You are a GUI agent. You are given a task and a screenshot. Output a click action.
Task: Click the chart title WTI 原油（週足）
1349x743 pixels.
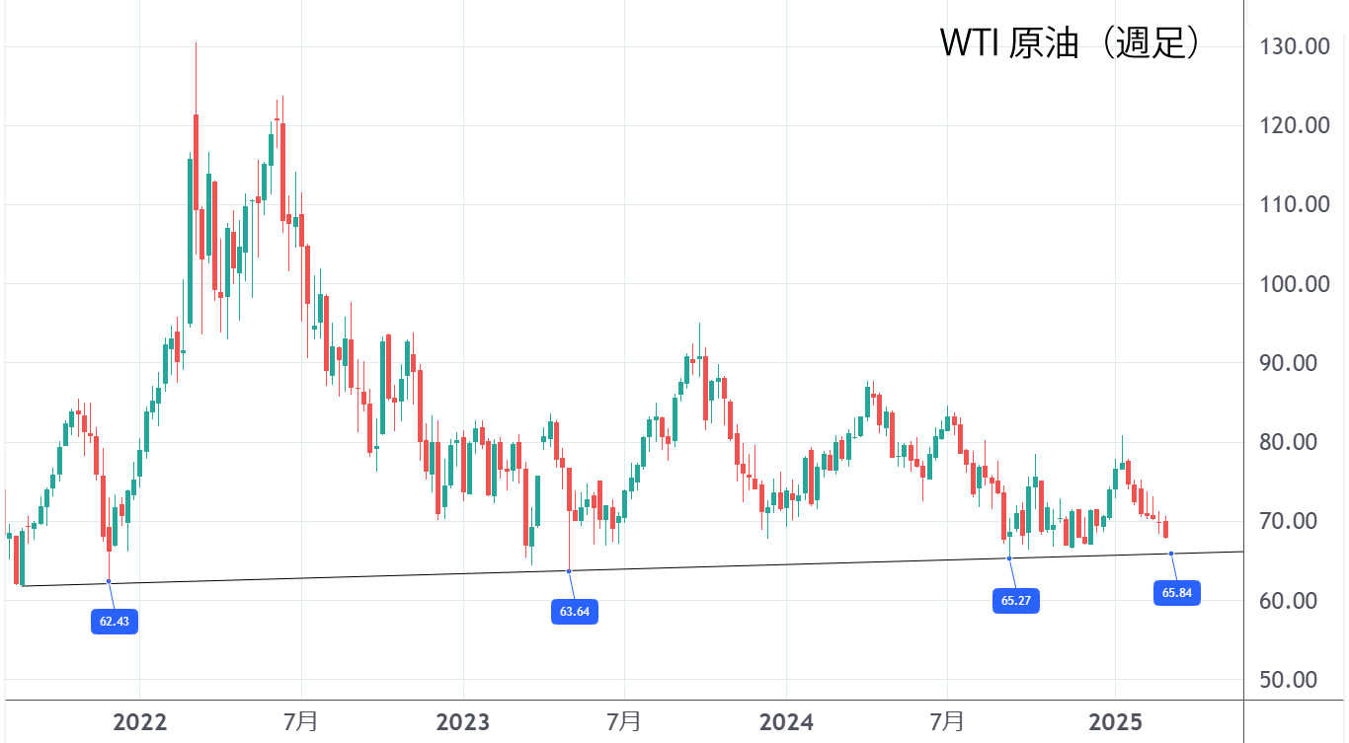tap(1070, 43)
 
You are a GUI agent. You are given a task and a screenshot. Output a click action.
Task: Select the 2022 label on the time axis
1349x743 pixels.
tap(140, 722)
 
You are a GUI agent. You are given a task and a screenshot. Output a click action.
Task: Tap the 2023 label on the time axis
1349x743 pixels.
tap(463, 722)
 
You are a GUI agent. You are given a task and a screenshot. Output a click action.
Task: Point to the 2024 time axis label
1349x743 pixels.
tap(786, 722)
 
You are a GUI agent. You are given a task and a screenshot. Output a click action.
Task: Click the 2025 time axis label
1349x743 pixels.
tap(1115, 722)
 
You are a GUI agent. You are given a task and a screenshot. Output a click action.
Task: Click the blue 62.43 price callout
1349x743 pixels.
tap(115, 622)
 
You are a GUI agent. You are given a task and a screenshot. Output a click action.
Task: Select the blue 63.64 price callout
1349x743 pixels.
tap(574, 612)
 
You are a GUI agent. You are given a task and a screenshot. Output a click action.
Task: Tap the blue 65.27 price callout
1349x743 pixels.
tap(1015, 600)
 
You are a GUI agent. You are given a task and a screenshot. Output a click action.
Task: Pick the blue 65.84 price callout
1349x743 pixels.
tap(1176, 593)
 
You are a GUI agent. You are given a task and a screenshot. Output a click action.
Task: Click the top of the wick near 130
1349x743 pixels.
tap(196, 43)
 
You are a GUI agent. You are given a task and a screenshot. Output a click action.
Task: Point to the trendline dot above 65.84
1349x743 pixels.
tap(1171, 554)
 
